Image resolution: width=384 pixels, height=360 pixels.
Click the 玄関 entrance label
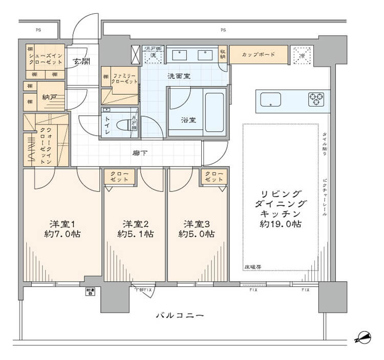(80, 62)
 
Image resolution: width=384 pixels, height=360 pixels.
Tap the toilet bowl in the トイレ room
(124, 125)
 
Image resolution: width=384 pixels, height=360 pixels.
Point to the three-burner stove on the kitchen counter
(316, 99)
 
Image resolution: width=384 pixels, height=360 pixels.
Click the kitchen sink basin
(270, 99)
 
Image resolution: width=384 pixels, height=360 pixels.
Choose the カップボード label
(258, 54)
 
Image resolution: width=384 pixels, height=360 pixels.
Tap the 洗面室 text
(180, 76)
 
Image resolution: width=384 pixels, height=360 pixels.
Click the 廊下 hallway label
(139, 153)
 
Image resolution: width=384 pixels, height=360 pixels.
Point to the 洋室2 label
(135, 224)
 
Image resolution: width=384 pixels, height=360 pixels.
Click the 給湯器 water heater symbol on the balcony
(90, 292)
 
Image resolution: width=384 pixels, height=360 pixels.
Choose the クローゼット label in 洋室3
(214, 177)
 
